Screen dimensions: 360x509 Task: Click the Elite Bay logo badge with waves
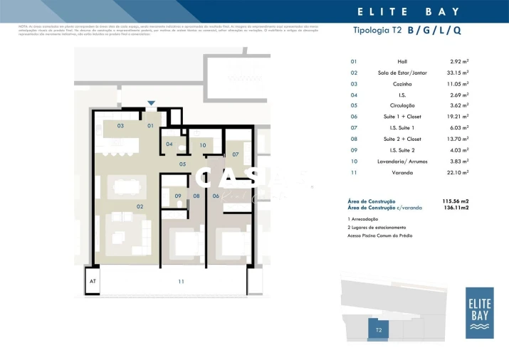pyautogui.click(x=479, y=312)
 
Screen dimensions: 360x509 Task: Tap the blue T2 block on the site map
pyautogui.click(x=379, y=329)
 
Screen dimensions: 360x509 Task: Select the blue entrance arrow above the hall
pyautogui.click(x=150, y=103)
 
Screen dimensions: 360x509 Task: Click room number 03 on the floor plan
pyautogui.click(x=120, y=126)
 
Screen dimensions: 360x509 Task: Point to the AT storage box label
pyautogui.click(x=93, y=282)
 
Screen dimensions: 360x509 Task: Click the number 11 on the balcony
pyautogui.click(x=181, y=282)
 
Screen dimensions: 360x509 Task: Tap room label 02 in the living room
pyautogui.click(x=140, y=206)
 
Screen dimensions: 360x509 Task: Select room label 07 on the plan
pyautogui.click(x=235, y=154)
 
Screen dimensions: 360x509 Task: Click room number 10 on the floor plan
pyautogui.click(x=203, y=146)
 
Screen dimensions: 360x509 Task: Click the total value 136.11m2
pyautogui.click(x=456, y=208)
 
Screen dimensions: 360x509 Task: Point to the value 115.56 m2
pyautogui.click(x=456, y=201)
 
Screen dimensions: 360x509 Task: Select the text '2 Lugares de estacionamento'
pyautogui.click(x=379, y=227)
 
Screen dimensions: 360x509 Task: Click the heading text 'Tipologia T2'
pyautogui.click(x=377, y=31)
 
